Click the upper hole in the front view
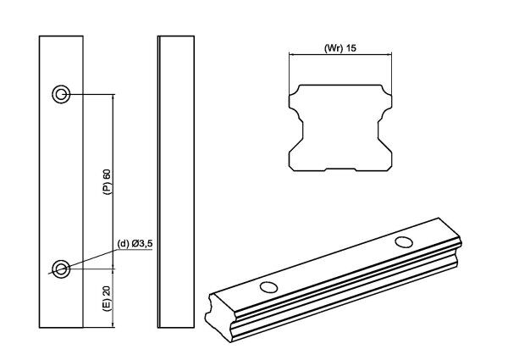pyautogui.click(x=62, y=94)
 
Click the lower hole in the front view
pyautogui.click(x=62, y=269)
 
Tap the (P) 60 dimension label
pyautogui.click(x=108, y=182)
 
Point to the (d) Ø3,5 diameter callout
pyautogui.click(x=135, y=245)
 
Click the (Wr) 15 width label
pyautogui.click(x=341, y=47)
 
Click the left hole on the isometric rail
pyautogui.click(x=268, y=286)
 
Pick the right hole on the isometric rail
pyautogui.click(x=405, y=243)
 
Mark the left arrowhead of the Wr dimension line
pyautogui.click(x=291, y=55)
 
